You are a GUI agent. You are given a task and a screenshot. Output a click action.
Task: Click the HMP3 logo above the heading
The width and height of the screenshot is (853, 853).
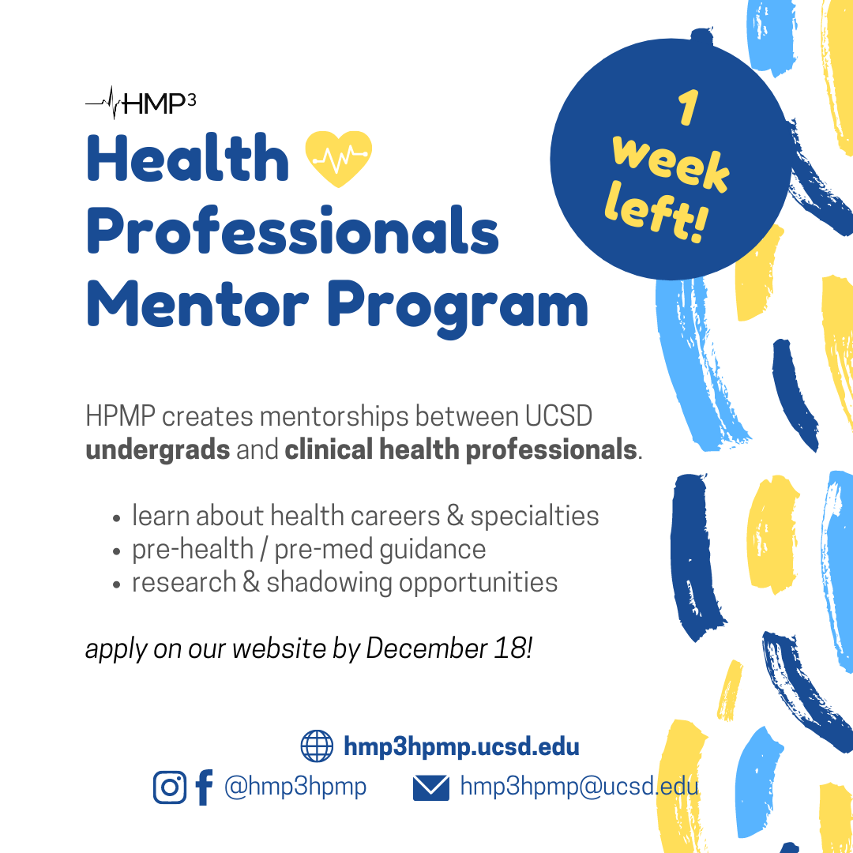[x=141, y=103]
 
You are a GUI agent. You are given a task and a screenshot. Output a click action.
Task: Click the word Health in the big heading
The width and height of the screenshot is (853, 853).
[x=188, y=158]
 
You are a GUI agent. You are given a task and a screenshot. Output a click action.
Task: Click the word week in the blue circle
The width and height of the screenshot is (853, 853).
[x=670, y=163]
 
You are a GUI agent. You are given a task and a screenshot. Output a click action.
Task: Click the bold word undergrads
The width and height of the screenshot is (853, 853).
[x=158, y=450]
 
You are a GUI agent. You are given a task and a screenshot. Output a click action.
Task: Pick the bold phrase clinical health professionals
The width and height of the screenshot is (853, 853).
[x=460, y=450]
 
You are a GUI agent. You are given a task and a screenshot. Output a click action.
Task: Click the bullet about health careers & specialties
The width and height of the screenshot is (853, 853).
[x=365, y=516]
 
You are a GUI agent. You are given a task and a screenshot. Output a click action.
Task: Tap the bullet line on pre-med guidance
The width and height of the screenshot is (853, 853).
[x=308, y=549]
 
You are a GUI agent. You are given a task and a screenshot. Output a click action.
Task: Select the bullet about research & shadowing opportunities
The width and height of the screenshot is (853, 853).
[x=344, y=582]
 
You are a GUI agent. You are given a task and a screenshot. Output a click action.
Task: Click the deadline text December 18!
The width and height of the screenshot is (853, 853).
[x=449, y=648]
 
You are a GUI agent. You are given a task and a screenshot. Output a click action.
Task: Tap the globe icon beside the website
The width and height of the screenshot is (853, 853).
[x=318, y=746]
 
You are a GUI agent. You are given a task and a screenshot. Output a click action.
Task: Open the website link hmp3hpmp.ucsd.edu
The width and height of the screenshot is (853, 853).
[x=461, y=746]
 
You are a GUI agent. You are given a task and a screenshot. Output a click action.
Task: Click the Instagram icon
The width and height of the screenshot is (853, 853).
[x=170, y=787]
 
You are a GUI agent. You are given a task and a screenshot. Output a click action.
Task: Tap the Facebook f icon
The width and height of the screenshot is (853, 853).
[x=203, y=787]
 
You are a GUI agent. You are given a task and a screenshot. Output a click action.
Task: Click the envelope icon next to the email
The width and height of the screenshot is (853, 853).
[x=431, y=787]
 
